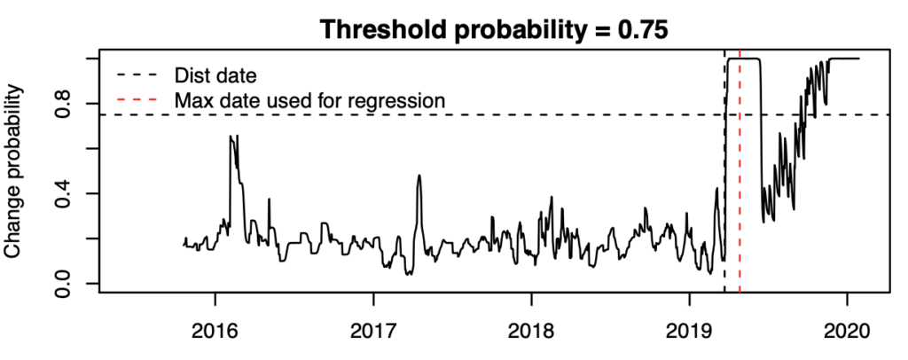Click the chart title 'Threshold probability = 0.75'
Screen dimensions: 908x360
click(x=494, y=29)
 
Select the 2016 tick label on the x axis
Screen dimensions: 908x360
click(x=215, y=332)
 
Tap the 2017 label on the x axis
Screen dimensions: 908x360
click(x=373, y=332)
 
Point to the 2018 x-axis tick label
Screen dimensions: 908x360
click(x=532, y=332)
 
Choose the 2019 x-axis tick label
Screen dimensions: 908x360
click(x=689, y=332)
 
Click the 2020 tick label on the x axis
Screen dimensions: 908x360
click(x=847, y=332)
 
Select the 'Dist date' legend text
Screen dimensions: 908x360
click(x=216, y=75)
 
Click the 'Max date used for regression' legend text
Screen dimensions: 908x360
click(x=309, y=101)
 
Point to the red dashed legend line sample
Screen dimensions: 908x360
click(x=136, y=101)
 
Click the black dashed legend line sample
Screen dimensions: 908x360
click(x=136, y=75)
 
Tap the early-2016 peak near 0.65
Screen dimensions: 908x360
click(x=231, y=137)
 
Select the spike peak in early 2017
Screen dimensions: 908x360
click(x=419, y=175)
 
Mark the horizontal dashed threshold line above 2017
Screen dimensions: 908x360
click(x=373, y=114)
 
